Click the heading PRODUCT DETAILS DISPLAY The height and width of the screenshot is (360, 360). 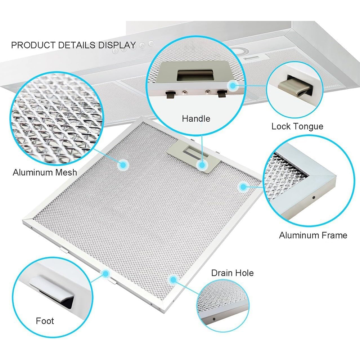73,45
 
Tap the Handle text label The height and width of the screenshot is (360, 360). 196,119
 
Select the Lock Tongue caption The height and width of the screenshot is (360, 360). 297,126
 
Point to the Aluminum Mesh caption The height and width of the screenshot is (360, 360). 45,172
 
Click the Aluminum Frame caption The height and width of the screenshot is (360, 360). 313,235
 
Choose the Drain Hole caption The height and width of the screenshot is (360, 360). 232,273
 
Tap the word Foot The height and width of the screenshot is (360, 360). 45,321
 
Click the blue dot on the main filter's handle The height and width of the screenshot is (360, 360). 202,165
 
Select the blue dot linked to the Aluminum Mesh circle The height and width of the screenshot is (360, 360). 123,165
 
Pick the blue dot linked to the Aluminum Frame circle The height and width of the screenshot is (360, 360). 243,186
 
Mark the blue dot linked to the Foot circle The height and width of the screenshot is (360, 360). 105,274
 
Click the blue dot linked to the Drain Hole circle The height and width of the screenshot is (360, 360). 173,279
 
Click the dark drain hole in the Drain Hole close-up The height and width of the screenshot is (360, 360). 214,319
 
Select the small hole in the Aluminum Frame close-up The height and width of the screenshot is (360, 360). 314,197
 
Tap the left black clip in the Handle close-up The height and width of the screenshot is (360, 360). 170,94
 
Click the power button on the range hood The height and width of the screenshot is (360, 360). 151,43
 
